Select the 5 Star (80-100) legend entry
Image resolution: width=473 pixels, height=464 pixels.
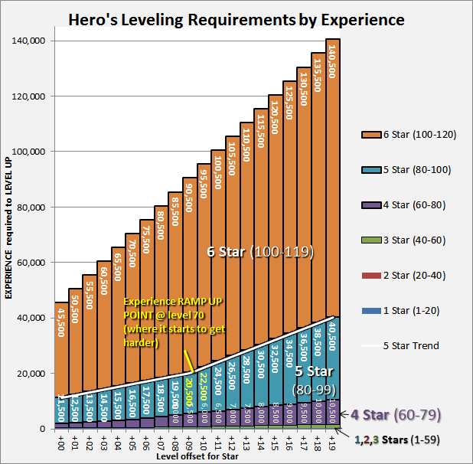point(409,170)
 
